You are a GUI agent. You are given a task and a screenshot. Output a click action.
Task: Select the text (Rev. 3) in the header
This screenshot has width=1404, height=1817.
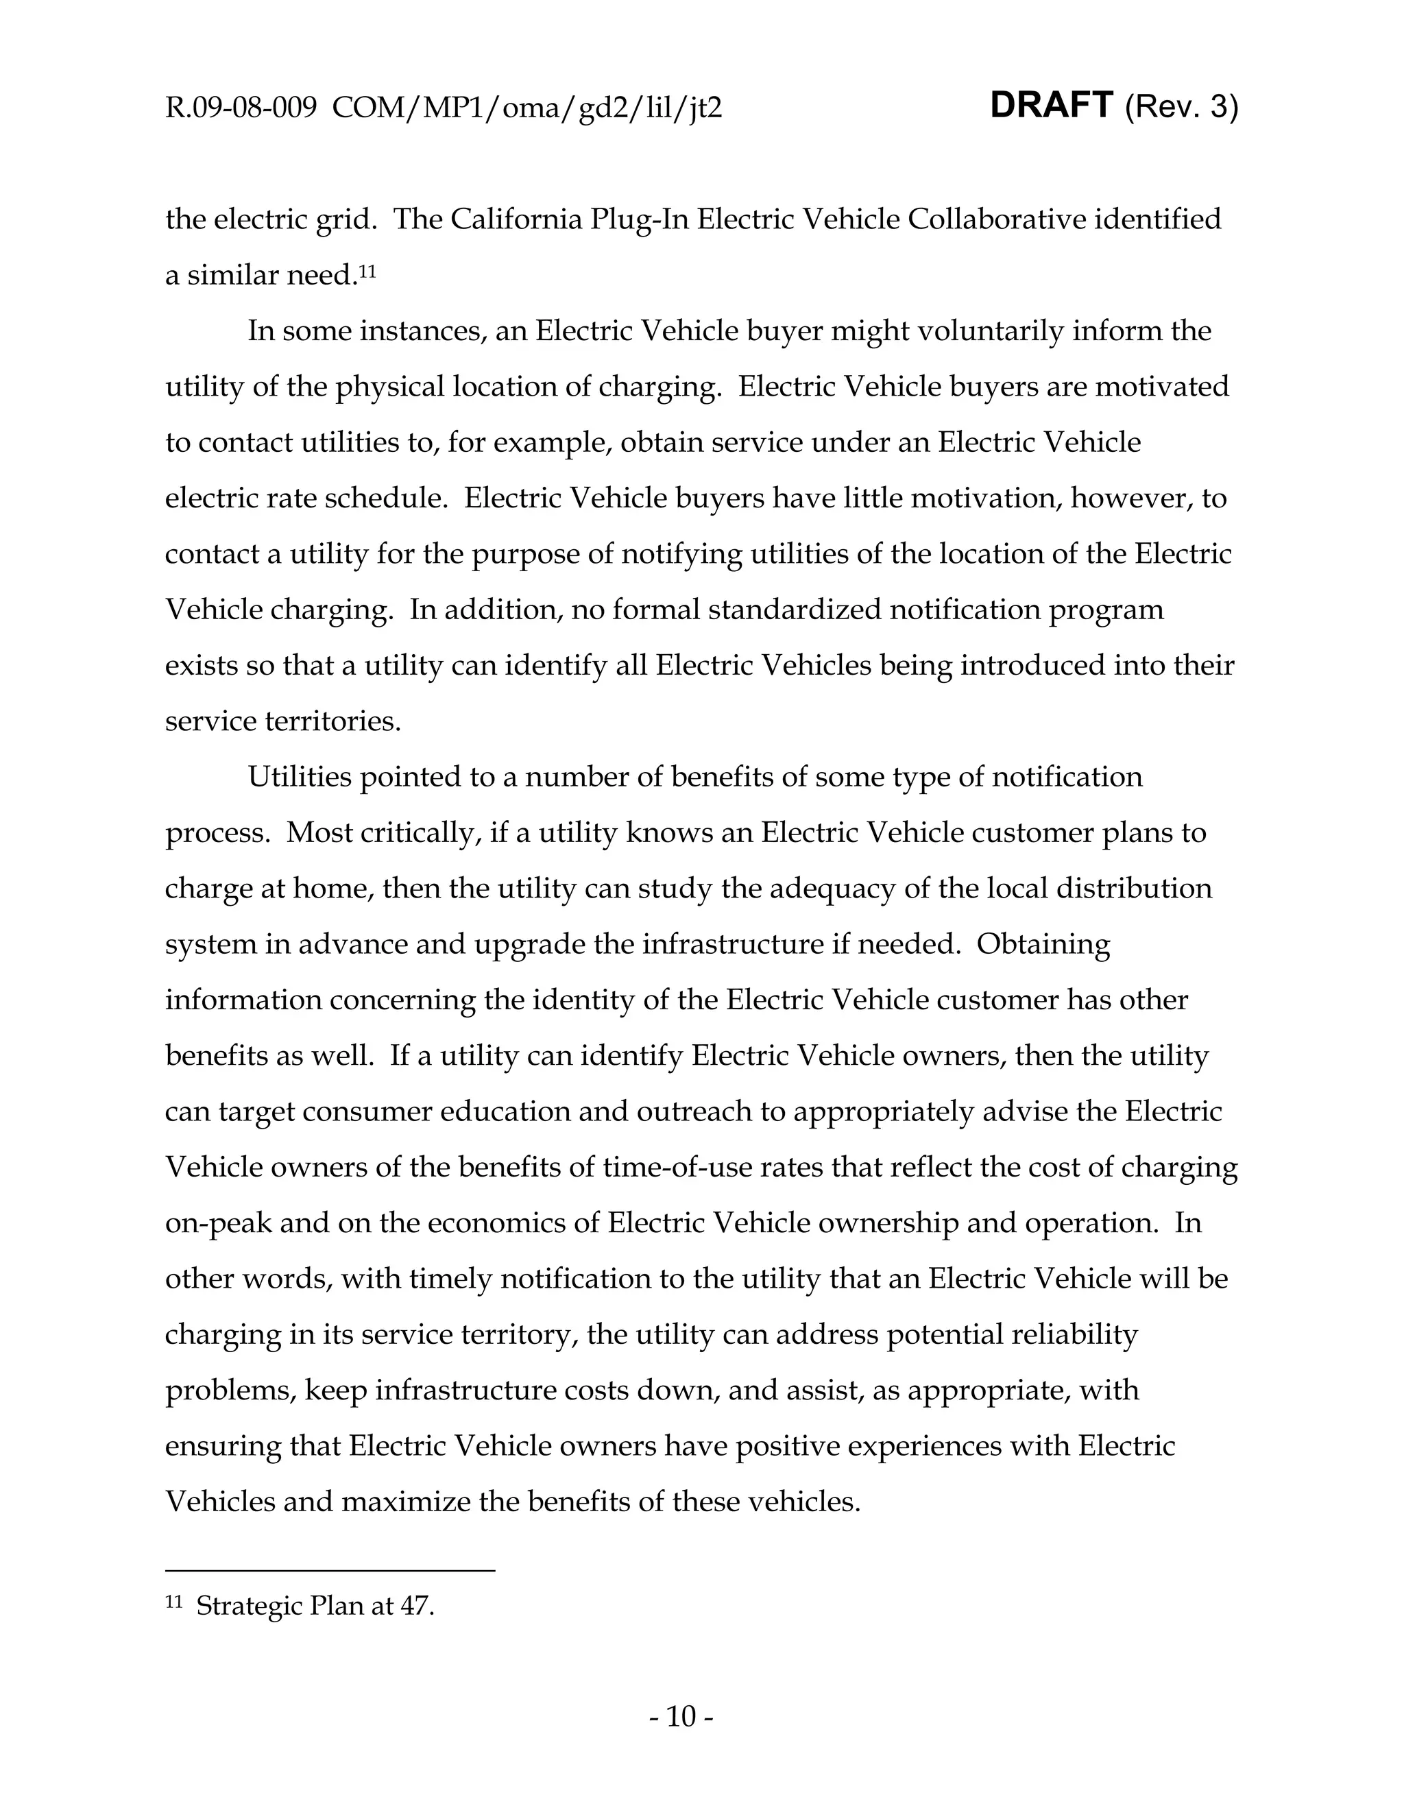tap(1181, 108)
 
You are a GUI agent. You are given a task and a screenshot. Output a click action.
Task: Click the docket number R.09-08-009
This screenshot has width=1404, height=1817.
tap(241, 108)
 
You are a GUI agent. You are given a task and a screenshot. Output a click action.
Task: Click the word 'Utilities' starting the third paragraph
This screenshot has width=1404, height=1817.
tap(300, 777)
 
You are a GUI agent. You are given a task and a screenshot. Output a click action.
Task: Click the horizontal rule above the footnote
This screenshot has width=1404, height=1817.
tap(330, 1570)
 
